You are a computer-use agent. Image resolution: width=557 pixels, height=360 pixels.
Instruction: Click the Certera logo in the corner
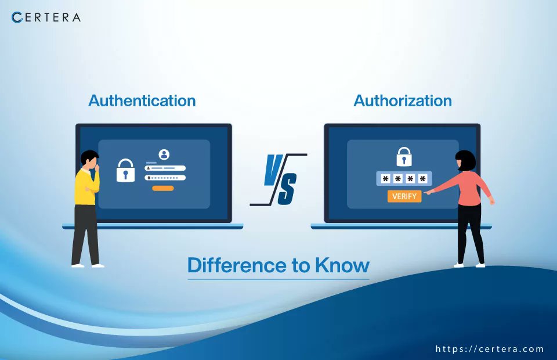pyautogui.click(x=46, y=17)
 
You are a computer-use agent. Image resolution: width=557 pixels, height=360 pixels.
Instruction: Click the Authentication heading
pyautogui.click(x=142, y=100)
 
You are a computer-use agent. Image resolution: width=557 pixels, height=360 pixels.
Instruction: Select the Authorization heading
pyautogui.click(x=403, y=100)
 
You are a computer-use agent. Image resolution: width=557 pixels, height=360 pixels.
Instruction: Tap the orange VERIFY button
pyautogui.click(x=404, y=196)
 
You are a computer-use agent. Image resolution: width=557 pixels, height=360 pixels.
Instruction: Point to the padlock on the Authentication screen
pyautogui.click(x=125, y=171)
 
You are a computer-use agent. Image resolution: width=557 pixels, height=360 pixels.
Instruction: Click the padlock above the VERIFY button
pyautogui.click(x=404, y=157)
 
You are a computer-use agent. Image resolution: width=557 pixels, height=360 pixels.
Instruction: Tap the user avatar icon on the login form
pyautogui.click(x=164, y=154)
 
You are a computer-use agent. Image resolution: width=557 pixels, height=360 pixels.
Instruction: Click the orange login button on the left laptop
pyautogui.click(x=163, y=188)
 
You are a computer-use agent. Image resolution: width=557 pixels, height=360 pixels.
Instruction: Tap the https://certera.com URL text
pyautogui.click(x=490, y=349)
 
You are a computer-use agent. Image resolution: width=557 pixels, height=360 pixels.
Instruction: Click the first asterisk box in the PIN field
pyautogui.click(x=384, y=179)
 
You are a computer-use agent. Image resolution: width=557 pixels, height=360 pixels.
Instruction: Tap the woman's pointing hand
pyautogui.click(x=428, y=191)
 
